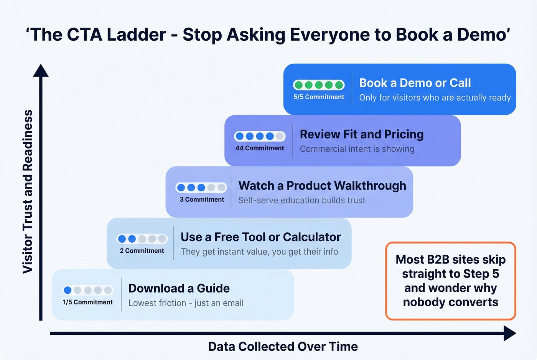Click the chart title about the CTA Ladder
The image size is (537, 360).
click(x=268, y=35)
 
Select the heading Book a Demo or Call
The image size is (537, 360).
click(x=415, y=83)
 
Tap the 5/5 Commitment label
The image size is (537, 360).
click(x=318, y=97)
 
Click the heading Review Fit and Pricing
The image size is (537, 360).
click(x=361, y=134)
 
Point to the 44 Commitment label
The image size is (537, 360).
click(x=260, y=148)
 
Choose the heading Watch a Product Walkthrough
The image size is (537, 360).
click(x=322, y=186)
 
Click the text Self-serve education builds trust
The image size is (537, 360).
click(x=301, y=200)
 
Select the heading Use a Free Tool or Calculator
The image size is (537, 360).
click(x=260, y=237)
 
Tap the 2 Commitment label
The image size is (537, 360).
click(x=142, y=251)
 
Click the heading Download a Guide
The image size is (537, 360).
click(x=179, y=288)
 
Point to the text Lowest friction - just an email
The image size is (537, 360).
click(x=186, y=303)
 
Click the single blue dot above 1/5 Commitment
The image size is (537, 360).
click(x=68, y=290)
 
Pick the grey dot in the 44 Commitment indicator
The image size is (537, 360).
click(x=280, y=136)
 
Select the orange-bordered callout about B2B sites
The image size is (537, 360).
click(x=450, y=281)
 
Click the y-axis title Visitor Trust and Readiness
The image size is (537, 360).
click(x=27, y=192)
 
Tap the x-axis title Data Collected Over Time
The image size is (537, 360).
click(x=283, y=347)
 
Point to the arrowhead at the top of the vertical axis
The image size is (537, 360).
click(x=41, y=71)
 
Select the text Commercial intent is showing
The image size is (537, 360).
click(x=357, y=149)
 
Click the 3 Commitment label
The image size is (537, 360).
click(x=202, y=200)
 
